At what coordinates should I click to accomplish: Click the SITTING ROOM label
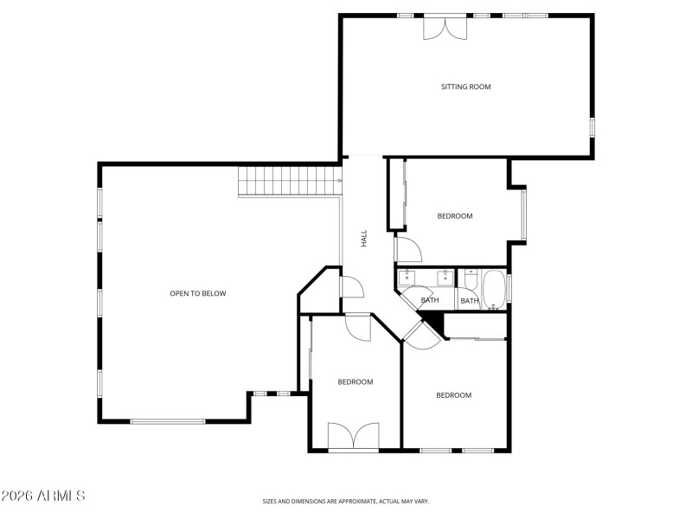(x=466, y=86)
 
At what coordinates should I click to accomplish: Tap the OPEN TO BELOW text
(x=197, y=293)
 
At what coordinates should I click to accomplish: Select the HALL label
(x=364, y=238)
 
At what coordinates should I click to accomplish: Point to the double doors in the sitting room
(x=443, y=28)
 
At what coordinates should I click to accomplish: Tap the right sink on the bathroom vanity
(x=445, y=277)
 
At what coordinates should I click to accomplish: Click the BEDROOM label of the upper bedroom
(x=455, y=216)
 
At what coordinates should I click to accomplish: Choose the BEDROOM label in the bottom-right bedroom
(x=453, y=395)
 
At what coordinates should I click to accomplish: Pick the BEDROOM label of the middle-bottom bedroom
(x=355, y=381)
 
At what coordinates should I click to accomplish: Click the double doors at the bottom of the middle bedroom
(x=354, y=436)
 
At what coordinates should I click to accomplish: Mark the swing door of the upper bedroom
(x=408, y=249)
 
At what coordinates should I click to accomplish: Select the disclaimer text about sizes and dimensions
(x=346, y=501)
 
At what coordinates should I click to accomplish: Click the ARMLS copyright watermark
(x=43, y=497)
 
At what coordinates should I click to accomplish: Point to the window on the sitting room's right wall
(x=593, y=126)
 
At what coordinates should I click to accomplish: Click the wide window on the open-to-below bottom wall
(x=168, y=421)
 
